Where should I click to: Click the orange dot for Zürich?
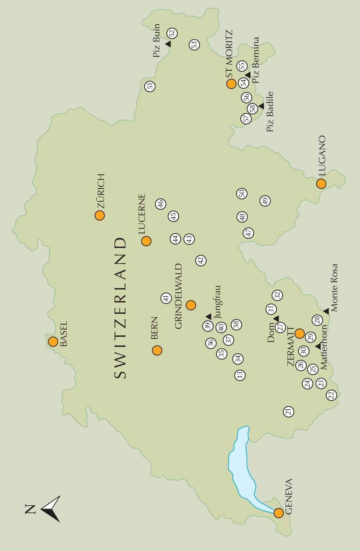pyautogui.click(x=100, y=215)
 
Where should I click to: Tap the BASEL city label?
pyautogui.click(x=64, y=334)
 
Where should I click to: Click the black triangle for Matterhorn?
pyautogui.click(x=318, y=346)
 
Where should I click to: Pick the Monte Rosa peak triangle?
pyautogui.click(x=326, y=311)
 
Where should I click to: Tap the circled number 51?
pyautogui.click(x=150, y=86)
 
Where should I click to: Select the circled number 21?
pyautogui.click(x=288, y=412)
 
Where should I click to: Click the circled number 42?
pyautogui.click(x=201, y=260)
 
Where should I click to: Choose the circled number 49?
pyautogui.click(x=265, y=201)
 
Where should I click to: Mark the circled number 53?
pyautogui.click(x=194, y=45)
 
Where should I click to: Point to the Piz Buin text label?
pyautogui.click(x=157, y=40)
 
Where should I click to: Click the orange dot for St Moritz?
pyautogui.click(x=231, y=84)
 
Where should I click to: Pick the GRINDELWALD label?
pyautogui.click(x=178, y=297)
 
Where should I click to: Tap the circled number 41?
pyautogui.click(x=166, y=298)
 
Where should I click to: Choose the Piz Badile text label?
pyautogui.click(x=270, y=112)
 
